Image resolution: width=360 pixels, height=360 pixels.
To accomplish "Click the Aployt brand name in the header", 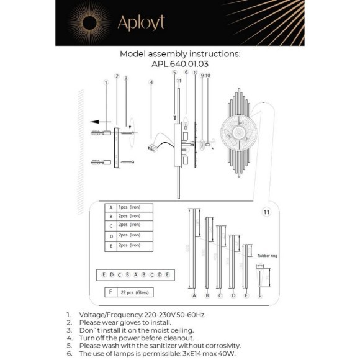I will point(142,24).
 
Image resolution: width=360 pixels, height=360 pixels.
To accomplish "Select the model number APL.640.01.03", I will point(180,63).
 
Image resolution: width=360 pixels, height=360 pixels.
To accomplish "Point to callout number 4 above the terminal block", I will point(151,82).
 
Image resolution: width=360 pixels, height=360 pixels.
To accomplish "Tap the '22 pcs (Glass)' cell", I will point(136,291).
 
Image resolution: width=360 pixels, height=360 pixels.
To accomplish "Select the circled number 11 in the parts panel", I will point(266,212).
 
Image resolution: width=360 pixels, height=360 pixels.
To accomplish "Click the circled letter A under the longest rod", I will point(194,295).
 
